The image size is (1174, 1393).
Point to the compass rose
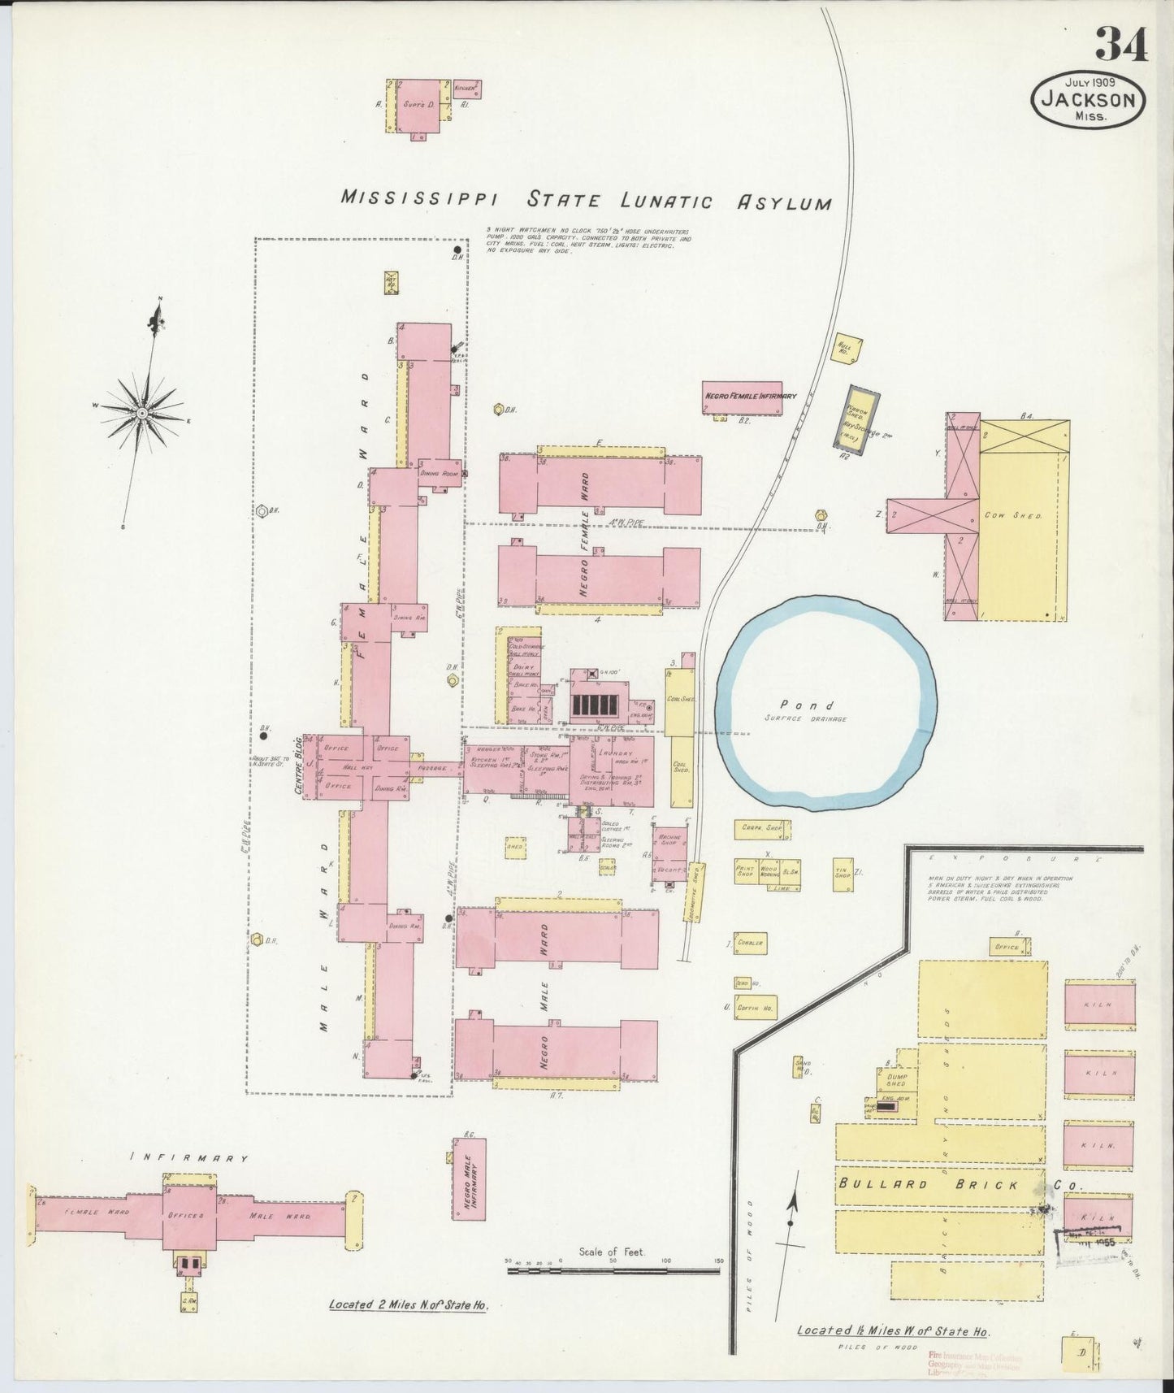[142, 413]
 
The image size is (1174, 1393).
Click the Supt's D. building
[419, 106]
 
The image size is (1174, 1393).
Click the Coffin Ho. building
[756, 1007]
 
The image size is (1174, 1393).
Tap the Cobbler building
[750, 943]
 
